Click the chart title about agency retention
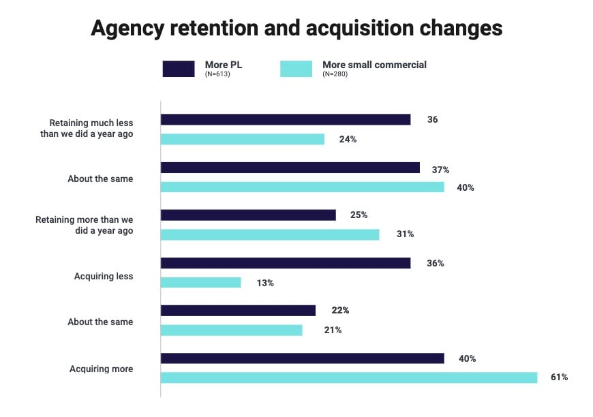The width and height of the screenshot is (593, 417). click(x=296, y=28)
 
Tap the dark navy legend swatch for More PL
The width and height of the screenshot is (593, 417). click(x=179, y=69)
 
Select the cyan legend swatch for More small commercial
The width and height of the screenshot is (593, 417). click(x=296, y=69)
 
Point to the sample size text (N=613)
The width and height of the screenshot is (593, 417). click(x=217, y=74)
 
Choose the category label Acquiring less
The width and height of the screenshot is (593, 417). click(x=104, y=277)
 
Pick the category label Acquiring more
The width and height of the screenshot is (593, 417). click(x=101, y=369)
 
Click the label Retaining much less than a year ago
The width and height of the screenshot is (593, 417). click(x=87, y=128)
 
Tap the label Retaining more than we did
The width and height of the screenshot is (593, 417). click(x=84, y=225)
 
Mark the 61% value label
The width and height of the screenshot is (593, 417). click(x=559, y=377)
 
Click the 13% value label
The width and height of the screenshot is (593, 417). click(x=265, y=283)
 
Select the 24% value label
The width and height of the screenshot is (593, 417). click(x=348, y=139)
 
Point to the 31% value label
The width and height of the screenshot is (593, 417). click(x=406, y=234)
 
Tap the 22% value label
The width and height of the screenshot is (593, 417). click(x=340, y=310)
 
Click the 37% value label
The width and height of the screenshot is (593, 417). click(x=440, y=170)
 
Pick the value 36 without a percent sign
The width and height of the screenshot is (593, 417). click(x=432, y=119)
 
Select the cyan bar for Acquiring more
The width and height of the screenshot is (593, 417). click(x=348, y=377)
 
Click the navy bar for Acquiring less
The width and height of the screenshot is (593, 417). click(x=285, y=263)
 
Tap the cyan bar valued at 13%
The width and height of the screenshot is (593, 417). click(x=200, y=282)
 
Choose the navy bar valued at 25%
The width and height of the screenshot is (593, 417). click(x=248, y=215)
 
